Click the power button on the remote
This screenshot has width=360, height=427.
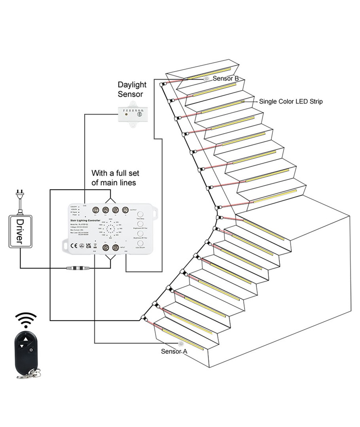pos(31,350)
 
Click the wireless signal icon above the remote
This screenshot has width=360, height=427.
pos(26,320)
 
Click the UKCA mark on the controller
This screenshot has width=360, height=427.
pos(88,245)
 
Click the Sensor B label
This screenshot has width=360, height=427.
pos(225,78)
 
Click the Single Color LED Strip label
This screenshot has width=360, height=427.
pos(291,102)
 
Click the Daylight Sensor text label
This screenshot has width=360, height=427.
pos(132,90)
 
